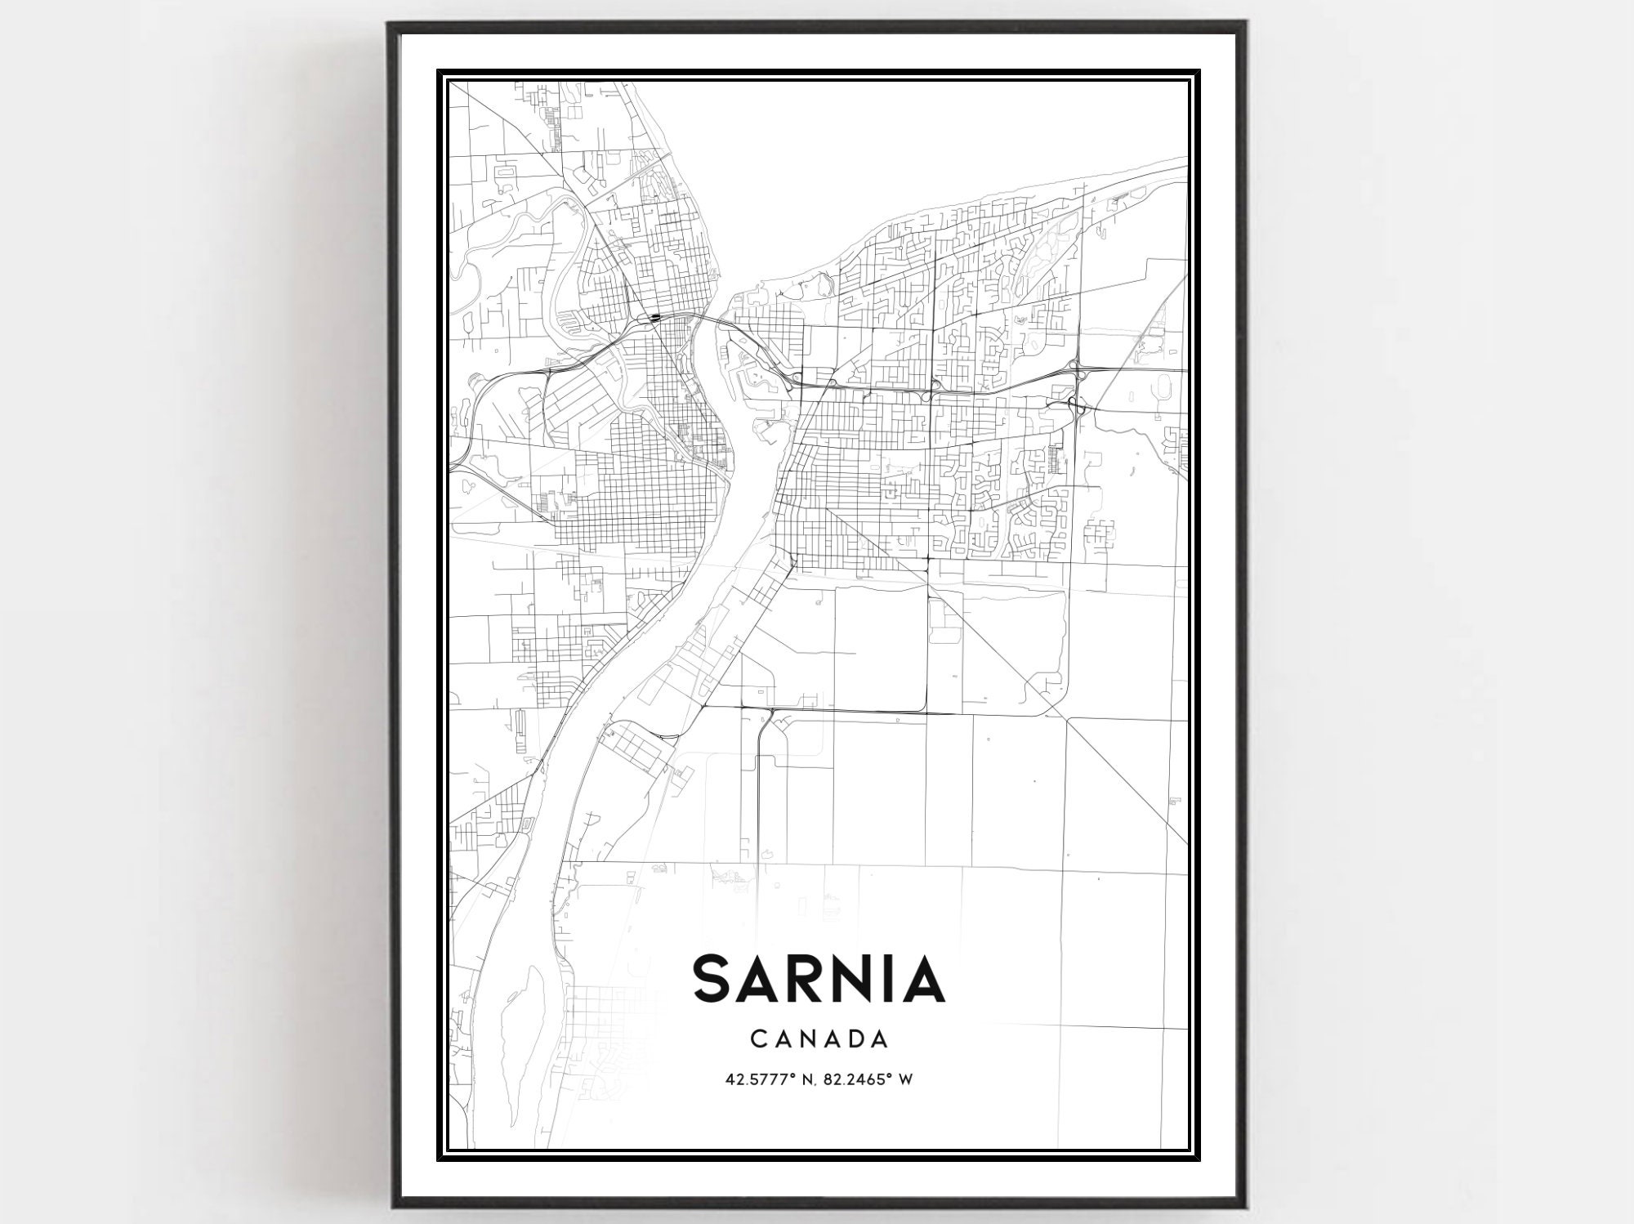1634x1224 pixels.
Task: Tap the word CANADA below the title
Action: coord(819,1039)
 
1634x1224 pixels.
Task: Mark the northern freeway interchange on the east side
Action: coord(1075,367)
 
